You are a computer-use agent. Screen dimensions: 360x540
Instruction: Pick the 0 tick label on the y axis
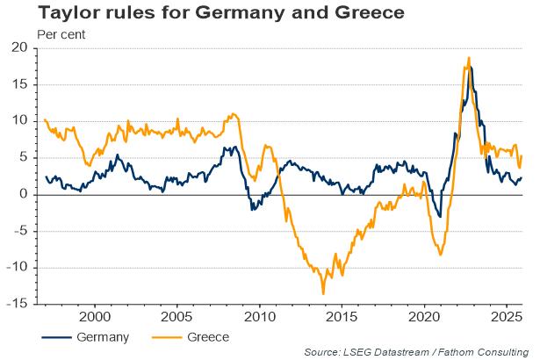25,195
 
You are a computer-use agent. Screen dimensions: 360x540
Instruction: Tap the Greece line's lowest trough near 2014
323,293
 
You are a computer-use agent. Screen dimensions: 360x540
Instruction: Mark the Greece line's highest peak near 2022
469,58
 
